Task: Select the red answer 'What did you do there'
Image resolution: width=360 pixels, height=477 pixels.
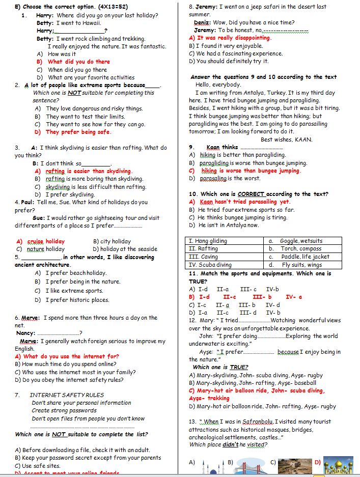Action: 78,62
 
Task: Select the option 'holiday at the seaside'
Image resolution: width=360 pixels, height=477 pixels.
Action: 131,249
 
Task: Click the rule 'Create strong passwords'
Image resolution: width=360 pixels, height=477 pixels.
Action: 64,410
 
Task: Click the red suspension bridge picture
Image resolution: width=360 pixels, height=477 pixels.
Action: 250,464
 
